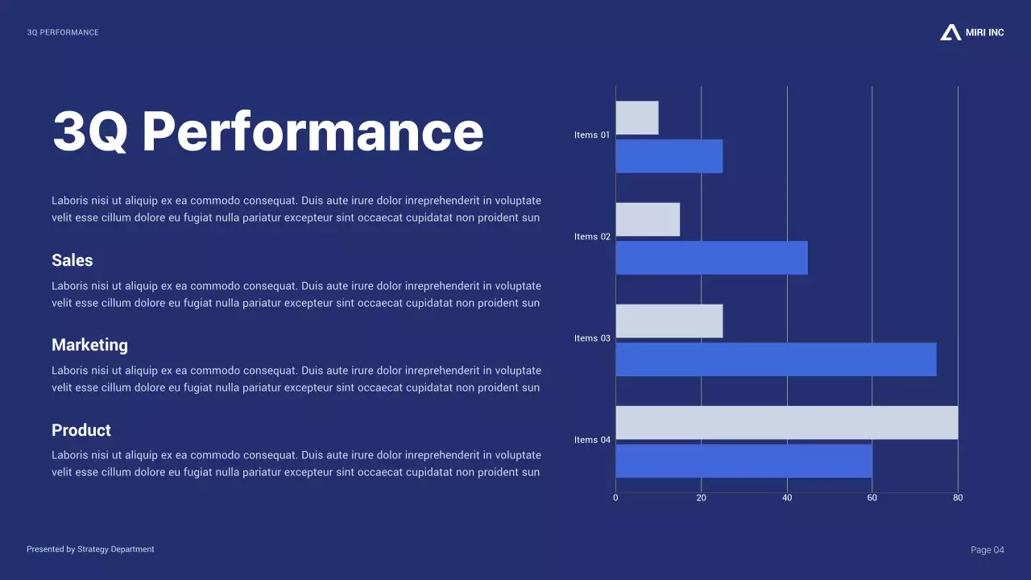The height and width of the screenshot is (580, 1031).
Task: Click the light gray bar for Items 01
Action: coord(637,118)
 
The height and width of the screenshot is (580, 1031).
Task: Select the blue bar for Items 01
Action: coord(669,156)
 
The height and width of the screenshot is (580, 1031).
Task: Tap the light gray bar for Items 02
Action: coord(648,219)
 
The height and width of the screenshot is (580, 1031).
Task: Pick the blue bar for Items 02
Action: coord(711,258)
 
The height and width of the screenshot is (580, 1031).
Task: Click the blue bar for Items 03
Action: coord(776,359)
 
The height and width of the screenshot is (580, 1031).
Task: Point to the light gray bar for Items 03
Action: coord(669,321)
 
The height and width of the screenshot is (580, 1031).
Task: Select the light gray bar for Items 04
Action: coord(787,422)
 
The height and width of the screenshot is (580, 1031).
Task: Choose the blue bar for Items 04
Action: coord(743,461)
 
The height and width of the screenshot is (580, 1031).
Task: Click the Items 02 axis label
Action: coord(592,237)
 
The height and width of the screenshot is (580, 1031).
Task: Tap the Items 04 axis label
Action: coord(592,440)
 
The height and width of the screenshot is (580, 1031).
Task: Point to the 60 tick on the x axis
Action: coord(872,498)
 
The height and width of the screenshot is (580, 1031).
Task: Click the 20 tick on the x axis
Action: coord(701,498)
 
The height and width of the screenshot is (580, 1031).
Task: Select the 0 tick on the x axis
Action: coord(615,498)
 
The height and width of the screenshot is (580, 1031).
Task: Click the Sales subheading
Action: coord(72,260)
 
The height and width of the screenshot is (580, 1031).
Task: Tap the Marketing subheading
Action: coord(89,345)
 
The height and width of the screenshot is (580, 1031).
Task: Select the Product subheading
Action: coord(81,430)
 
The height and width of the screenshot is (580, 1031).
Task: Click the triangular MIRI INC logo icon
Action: coord(950,32)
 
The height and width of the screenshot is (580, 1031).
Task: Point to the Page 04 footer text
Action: coord(988,550)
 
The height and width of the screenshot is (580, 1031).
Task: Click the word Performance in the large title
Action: coord(313,131)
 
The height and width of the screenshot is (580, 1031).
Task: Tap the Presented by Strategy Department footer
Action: coord(90,549)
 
